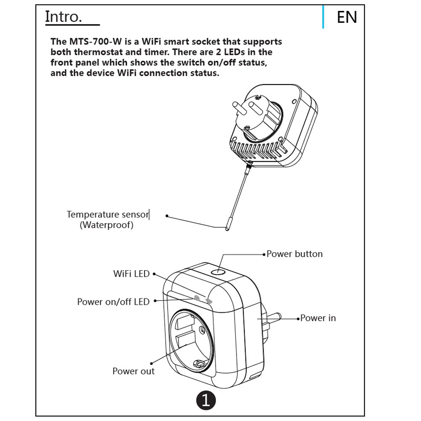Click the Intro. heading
click(x=63, y=17)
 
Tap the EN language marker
click(x=347, y=17)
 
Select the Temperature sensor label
click(x=108, y=215)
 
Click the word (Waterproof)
click(x=107, y=225)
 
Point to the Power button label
click(x=295, y=254)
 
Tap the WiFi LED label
click(x=131, y=274)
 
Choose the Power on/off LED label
click(x=113, y=302)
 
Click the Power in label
click(x=318, y=318)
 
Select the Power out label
click(x=133, y=371)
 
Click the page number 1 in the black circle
click(x=205, y=400)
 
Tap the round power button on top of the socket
click(x=218, y=272)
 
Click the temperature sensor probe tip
click(x=227, y=227)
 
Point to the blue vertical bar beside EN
click(x=323, y=17)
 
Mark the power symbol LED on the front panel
click(x=197, y=298)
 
